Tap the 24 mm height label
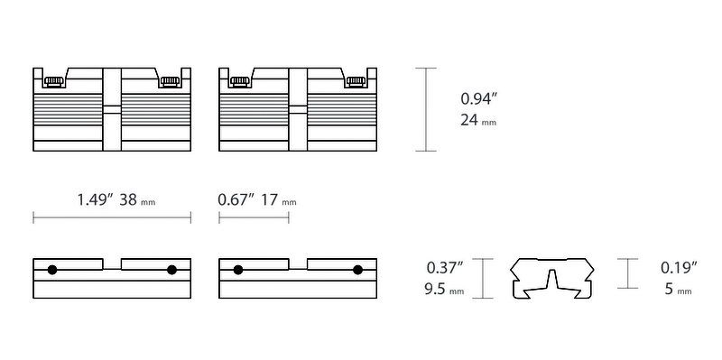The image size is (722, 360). click(478, 120)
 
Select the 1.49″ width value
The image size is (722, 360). click(96, 199)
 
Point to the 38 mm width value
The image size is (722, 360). click(137, 200)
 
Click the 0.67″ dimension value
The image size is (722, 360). click(236, 199)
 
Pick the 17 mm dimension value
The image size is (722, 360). click(279, 200)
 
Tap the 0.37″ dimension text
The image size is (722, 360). click(445, 267)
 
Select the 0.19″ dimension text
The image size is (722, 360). click(679, 267)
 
